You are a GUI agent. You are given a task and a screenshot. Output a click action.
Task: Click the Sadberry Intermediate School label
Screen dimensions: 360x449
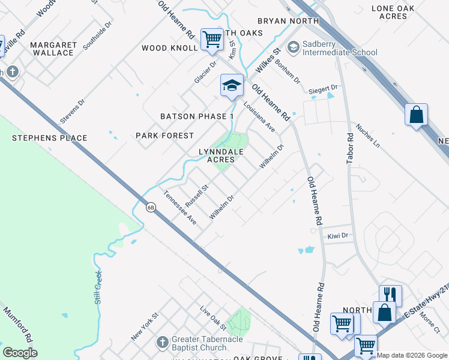[339, 48]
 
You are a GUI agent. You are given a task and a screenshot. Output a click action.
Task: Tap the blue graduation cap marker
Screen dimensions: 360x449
[232, 85]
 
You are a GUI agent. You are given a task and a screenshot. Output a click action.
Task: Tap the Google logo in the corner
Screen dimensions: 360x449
[20, 353]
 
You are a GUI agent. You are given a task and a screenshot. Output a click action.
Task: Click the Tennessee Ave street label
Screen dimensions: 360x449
[181, 208]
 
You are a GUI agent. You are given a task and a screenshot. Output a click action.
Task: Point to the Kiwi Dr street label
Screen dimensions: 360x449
[337, 236]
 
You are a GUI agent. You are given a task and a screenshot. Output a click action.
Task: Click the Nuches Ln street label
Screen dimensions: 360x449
[368, 136]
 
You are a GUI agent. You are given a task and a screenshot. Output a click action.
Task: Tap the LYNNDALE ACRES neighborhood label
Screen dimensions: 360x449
[221, 156]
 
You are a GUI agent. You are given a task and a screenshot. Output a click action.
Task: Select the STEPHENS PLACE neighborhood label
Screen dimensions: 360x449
[49, 138]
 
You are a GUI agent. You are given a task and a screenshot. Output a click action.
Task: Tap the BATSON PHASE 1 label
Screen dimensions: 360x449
[197, 116]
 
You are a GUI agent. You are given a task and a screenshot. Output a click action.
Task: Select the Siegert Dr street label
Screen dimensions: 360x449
[323, 89]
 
